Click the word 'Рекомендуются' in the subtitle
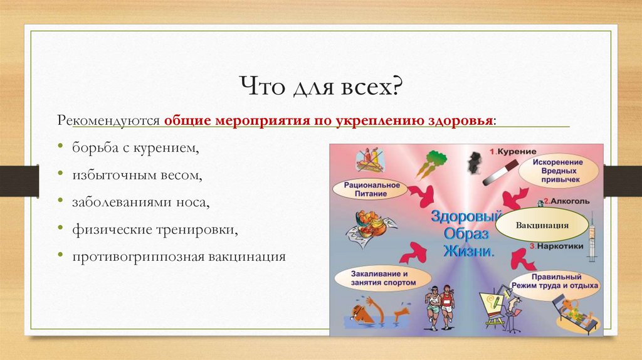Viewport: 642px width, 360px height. tap(108, 120)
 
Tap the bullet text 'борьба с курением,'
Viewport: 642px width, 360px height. tap(135, 147)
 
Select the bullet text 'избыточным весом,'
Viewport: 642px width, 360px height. tap(137, 175)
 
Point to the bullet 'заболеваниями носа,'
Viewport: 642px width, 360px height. tap(141, 202)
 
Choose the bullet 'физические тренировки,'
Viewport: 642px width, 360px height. tap(155, 230)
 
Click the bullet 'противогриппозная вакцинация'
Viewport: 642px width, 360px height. tap(179, 257)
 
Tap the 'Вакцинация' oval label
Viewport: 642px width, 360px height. tap(542, 225)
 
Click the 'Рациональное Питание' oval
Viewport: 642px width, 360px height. tap(371, 189)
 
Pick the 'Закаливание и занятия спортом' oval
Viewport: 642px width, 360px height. tap(383, 278)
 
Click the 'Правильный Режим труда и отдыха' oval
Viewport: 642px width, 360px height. tap(555, 282)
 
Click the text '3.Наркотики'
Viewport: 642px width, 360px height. tap(556, 246)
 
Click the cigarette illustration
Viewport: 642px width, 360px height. tap(501, 173)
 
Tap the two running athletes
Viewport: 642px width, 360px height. tap(439, 306)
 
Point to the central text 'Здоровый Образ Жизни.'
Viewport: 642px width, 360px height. tap(467, 233)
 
